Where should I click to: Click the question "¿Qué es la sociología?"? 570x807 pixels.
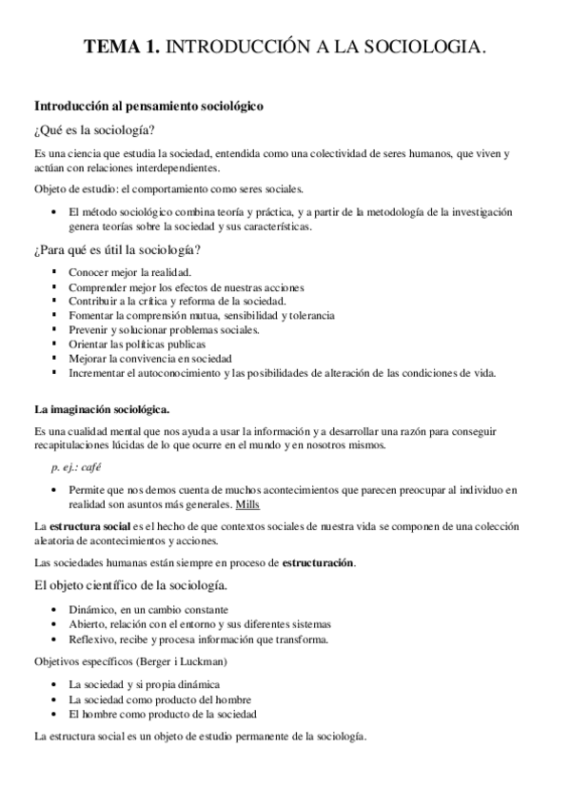click(x=95, y=129)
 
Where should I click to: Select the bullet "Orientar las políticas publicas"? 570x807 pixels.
click(x=137, y=344)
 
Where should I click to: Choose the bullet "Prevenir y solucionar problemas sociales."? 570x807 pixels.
click(x=164, y=329)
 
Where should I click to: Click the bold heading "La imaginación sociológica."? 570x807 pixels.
click(x=102, y=409)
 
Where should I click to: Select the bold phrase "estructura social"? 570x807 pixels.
click(x=90, y=525)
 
